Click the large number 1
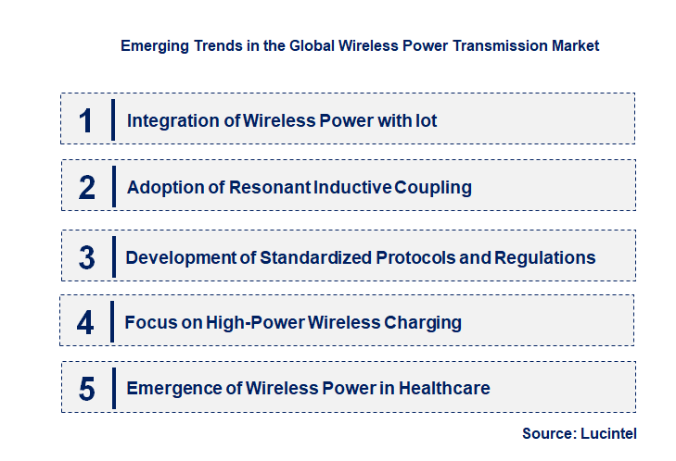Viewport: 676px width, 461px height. [x=86, y=119]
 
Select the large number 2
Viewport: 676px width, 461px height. [x=87, y=187]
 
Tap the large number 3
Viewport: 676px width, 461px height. [x=87, y=257]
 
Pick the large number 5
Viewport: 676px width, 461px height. [x=86, y=388]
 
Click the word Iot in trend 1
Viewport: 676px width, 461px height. [x=426, y=120]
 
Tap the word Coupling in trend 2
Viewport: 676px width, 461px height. [x=433, y=188]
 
